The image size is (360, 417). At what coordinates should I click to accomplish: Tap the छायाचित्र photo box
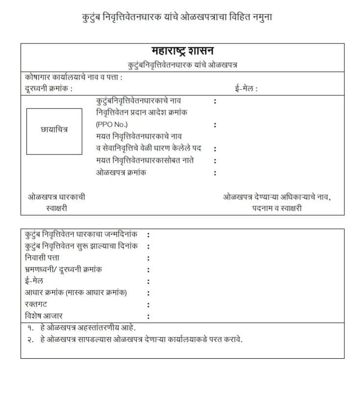click(54, 131)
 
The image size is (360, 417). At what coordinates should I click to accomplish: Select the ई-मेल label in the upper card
click(246, 88)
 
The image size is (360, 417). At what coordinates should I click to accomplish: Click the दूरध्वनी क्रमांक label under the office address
click(48, 88)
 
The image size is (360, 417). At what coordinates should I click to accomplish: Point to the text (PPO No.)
click(112, 124)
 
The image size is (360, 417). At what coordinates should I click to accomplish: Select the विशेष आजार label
click(44, 316)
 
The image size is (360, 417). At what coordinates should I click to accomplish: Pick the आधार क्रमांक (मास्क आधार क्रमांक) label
click(76, 293)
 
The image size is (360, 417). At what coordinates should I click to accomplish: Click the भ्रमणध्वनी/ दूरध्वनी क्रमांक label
click(64, 269)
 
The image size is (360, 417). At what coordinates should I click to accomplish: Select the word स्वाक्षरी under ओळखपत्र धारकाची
click(56, 208)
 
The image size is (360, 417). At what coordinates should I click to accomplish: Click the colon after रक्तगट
click(148, 305)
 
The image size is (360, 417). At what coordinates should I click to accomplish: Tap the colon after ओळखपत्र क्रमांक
click(215, 173)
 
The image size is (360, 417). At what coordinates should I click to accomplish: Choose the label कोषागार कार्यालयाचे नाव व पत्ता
click(73, 77)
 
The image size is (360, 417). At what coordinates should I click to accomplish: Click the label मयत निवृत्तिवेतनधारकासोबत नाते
click(145, 160)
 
